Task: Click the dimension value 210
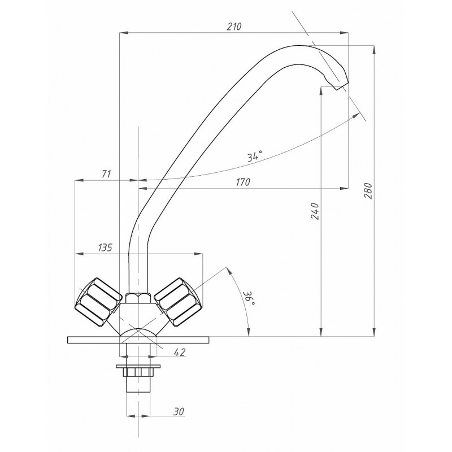(234, 27)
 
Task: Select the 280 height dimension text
(369, 190)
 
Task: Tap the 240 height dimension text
(316, 211)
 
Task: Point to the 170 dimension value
(243, 182)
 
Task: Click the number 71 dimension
(106, 174)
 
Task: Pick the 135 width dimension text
(105, 247)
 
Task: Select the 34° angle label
(255, 157)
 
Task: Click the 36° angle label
(249, 298)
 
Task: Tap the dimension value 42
(179, 352)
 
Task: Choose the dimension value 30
(179, 412)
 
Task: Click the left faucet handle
(98, 302)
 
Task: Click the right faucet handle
(177, 302)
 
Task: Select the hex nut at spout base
(138, 298)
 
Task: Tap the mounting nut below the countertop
(138, 372)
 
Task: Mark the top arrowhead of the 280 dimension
(374, 50)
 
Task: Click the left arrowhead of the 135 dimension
(79, 254)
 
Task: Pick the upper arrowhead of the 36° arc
(229, 271)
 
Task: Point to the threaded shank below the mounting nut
(138, 384)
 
